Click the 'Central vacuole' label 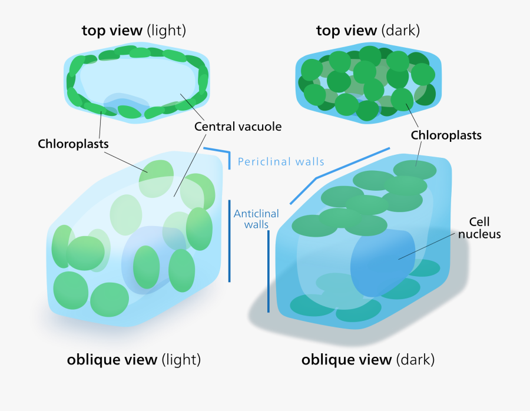pyautogui.click(x=238, y=126)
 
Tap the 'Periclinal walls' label pyautogui.click(x=281, y=161)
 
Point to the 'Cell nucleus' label pyautogui.click(x=479, y=228)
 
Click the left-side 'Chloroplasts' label pyautogui.click(x=73, y=144)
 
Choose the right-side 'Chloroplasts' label pyautogui.click(x=446, y=135)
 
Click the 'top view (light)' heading pyautogui.click(x=134, y=31)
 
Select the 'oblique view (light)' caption pyautogui.click(x=134, y=359)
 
